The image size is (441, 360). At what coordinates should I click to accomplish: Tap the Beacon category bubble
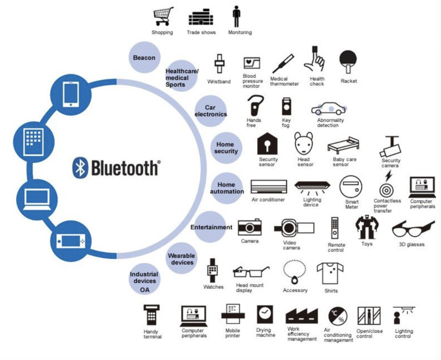click(144, 57)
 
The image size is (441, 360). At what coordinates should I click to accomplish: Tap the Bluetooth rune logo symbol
click(80, 168)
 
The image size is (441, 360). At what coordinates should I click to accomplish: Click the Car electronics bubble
click(211, 111)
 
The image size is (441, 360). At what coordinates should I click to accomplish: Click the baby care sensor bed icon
click(343, 145)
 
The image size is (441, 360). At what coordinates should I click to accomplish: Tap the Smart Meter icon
click(351, 187)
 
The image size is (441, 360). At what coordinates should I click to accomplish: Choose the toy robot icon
click(367, 227)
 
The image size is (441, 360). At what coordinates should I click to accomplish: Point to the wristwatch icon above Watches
click(213, 270)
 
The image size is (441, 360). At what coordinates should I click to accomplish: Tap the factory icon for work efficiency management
click(301, 316)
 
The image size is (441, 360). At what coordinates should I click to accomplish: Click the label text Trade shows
click(201, 32)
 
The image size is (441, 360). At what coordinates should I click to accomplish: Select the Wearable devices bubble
click(182, 259)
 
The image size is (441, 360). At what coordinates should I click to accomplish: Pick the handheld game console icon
click(71, 241)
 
